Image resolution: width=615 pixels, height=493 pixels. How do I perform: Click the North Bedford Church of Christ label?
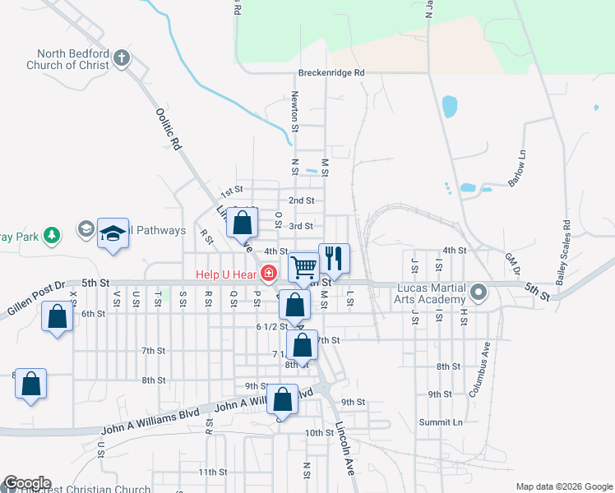click(x=67, y=60)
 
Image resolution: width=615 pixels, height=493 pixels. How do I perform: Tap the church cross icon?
click(x=122, y=58)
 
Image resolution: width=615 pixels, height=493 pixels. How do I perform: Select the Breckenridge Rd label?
click(x=331, y=72)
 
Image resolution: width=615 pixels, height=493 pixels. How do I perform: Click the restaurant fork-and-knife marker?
click(x=334, y=258)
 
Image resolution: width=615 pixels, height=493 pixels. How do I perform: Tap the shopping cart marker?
click(x=304, y=267)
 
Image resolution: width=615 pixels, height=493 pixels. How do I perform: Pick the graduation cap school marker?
click(x=113, y=233)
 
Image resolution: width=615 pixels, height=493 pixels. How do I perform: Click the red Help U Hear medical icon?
click(x=268, y=274)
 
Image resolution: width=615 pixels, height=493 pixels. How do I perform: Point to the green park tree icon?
click(x=51, y=236)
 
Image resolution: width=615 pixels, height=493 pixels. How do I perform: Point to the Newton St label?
click(x=294, y=111)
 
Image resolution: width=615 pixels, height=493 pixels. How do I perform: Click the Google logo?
click(x=27, y=483)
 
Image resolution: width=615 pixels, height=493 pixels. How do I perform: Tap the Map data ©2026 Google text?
click(x=563, y=486)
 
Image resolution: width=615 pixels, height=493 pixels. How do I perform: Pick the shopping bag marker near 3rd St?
click(x=243, y=223)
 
